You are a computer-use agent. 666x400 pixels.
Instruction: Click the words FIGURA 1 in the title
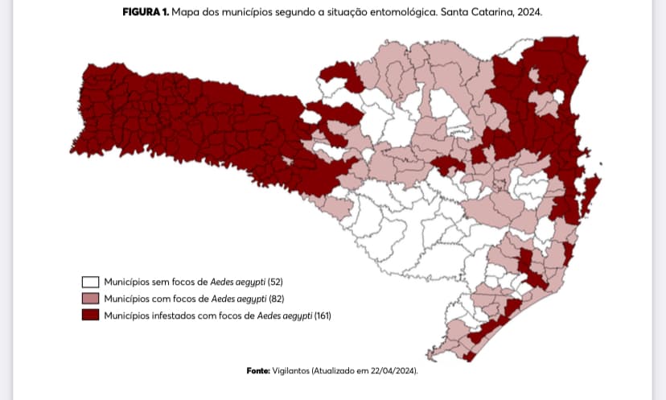pos(146,14)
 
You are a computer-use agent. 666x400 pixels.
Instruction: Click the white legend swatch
pos(90,282)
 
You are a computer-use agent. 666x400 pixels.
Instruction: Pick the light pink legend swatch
pos(90,299)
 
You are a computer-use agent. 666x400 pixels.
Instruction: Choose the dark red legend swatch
pos(90,315)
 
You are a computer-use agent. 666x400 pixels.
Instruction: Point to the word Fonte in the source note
pos(260,370)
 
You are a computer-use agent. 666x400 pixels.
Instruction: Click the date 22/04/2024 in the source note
pos(393,370)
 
